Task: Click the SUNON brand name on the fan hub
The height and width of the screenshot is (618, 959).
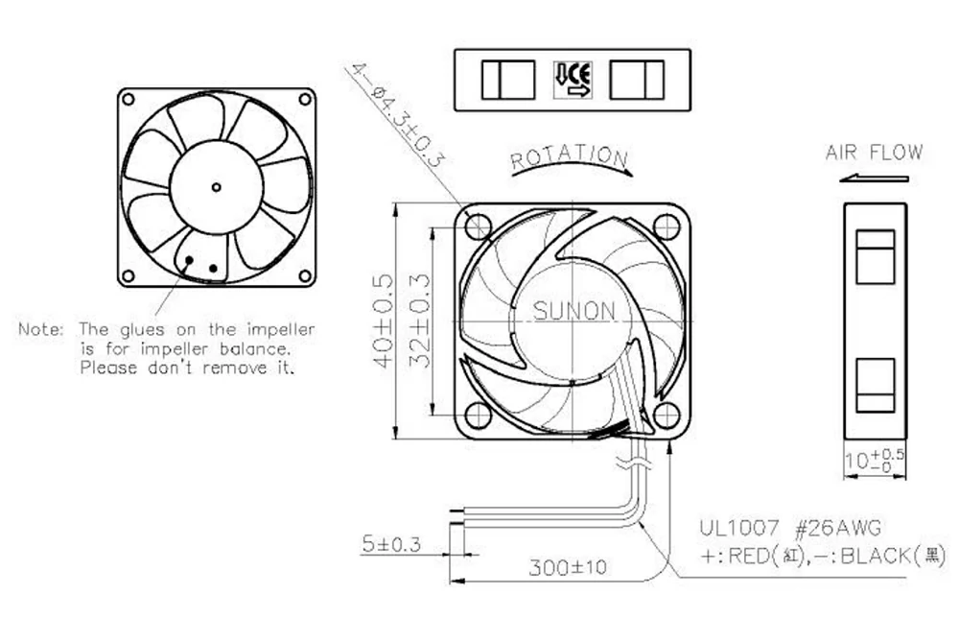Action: click(573, 311)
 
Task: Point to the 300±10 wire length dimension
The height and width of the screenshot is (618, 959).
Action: click(568, 568)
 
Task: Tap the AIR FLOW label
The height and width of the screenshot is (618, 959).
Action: click(874, 153)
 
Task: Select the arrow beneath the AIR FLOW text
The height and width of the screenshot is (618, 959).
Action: click(874, 178)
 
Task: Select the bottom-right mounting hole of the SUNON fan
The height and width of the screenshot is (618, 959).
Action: click(666, 415)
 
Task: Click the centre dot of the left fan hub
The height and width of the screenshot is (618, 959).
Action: click(216, 186)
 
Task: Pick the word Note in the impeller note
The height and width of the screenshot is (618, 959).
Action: click(41, 329)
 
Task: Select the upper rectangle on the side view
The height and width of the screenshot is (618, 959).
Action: click(874, 253)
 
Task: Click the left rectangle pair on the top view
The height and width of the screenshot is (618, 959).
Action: click(508, 79)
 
